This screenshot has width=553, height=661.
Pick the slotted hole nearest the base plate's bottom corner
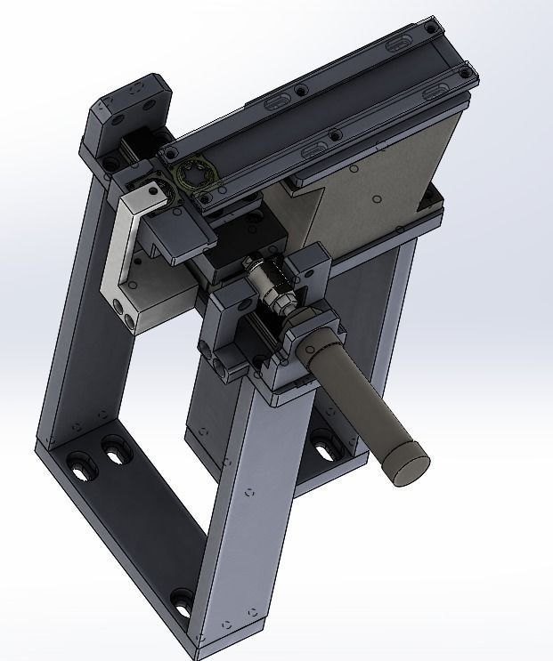[x=183, y=604]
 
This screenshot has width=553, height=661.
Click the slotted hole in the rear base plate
[x=322, y=441]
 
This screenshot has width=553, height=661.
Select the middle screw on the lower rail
[x=333, y=136]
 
